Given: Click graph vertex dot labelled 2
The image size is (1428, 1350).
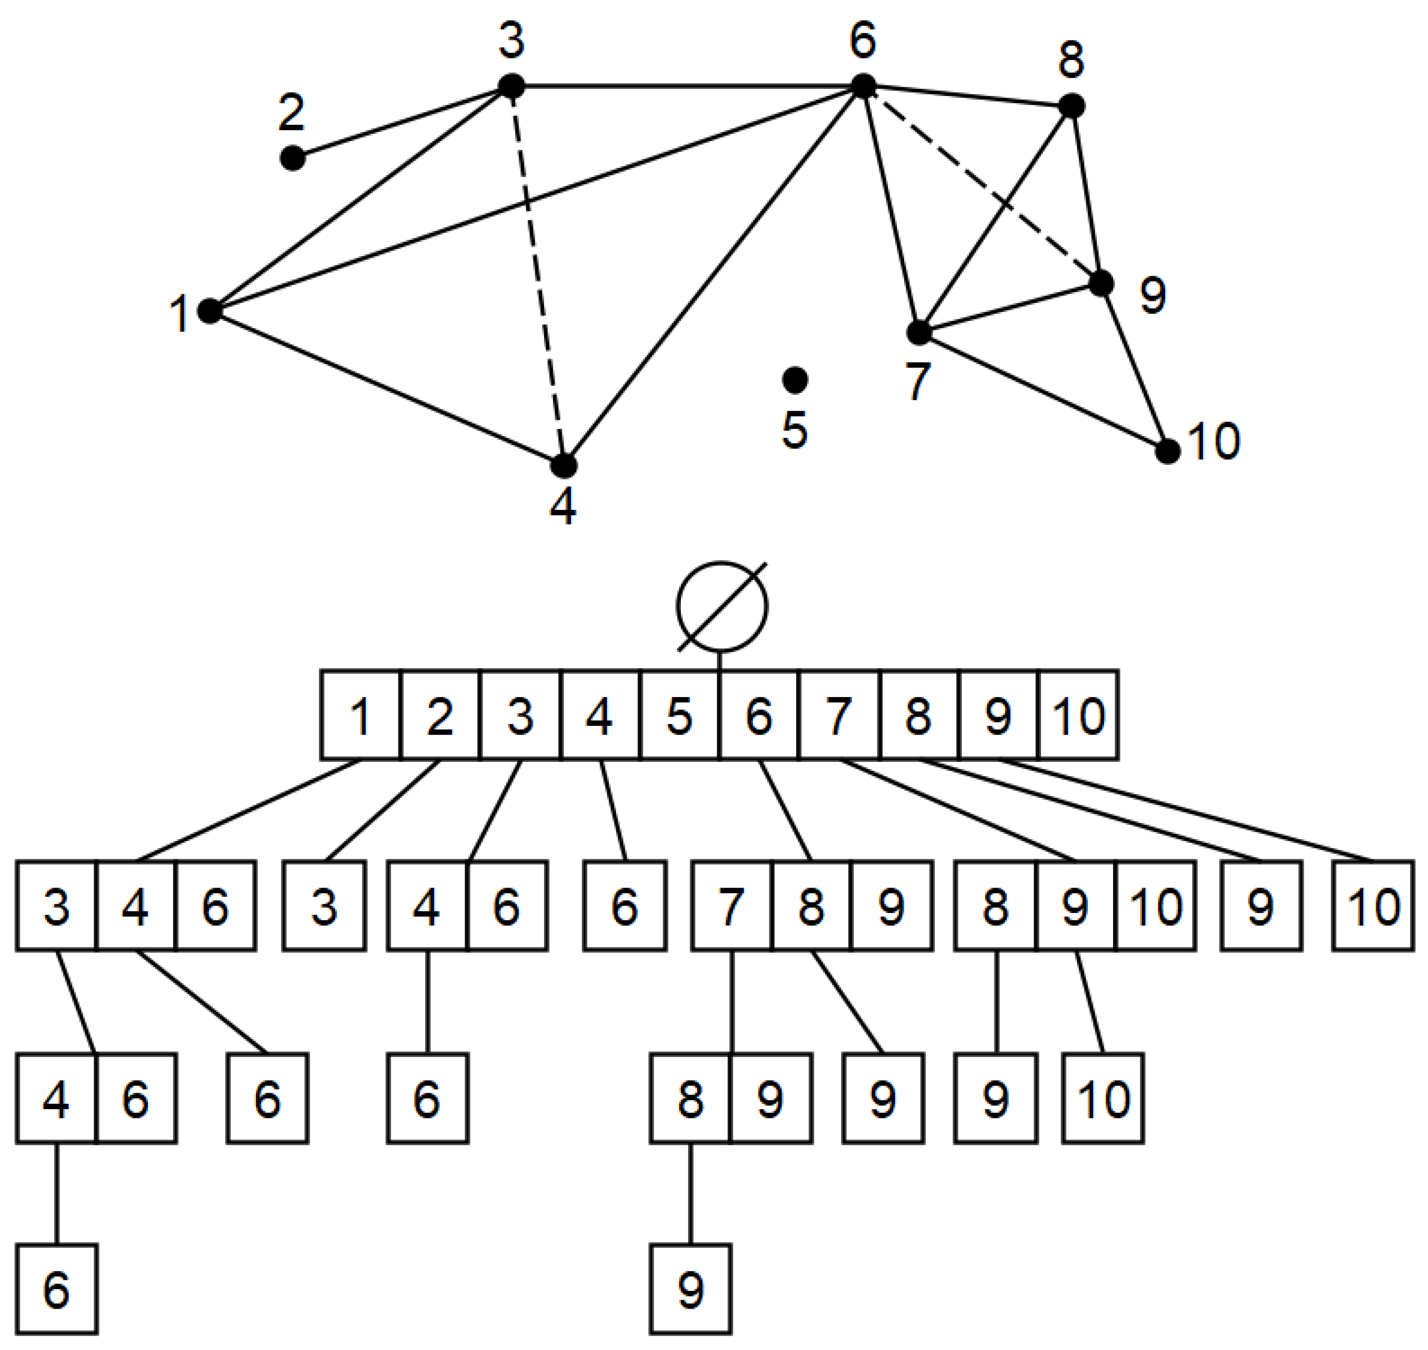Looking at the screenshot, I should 291,157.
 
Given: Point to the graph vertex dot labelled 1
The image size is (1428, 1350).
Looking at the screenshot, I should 209,311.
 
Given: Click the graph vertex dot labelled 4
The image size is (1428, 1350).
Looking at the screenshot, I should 564,465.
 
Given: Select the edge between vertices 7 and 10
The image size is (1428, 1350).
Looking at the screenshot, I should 1043,392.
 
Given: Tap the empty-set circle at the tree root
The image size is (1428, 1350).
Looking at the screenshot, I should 722,606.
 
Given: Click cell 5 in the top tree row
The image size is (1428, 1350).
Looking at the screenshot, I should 679,715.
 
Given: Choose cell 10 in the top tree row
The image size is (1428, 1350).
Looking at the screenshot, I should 1078,715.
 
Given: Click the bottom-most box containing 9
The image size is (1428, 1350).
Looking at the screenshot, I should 690,1291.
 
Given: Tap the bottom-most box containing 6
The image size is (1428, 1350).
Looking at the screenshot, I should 57,1291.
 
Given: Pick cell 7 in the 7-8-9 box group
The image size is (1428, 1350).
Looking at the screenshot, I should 732,905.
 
